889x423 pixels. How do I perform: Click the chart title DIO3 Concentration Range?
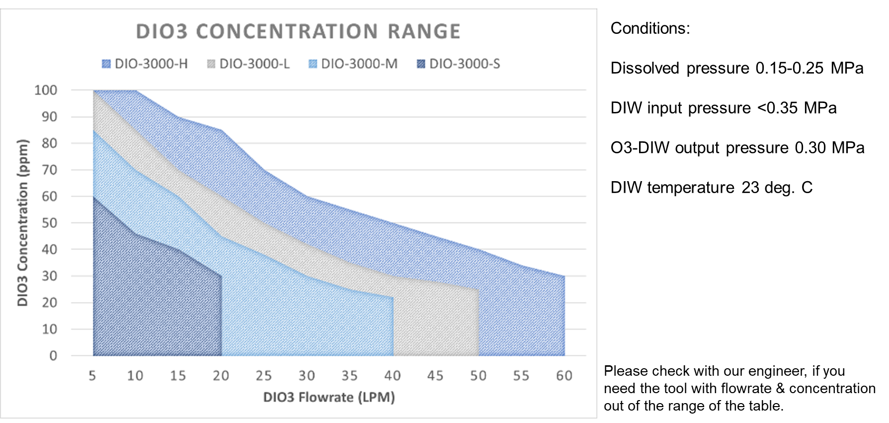point(298,31)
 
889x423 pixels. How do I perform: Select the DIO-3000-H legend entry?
point(145,64)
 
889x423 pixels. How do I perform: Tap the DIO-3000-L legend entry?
point(248,64)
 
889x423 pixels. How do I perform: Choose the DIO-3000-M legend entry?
point(353,64)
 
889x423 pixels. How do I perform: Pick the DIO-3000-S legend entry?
point(459,64)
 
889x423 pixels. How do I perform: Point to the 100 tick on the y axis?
point(46,90)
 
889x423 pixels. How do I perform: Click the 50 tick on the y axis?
point(49,223)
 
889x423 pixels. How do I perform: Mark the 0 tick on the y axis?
point(53,356)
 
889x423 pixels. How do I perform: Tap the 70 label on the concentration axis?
point(49,170)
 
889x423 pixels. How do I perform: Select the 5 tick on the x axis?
point(92,376)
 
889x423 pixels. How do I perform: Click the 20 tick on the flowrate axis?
point(221,376)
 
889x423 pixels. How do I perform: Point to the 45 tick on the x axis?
point(436,376)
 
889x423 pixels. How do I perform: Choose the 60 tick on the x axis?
point(565,376)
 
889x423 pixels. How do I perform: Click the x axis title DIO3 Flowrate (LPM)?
point(329,397)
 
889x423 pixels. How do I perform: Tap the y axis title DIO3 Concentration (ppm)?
point(23,222)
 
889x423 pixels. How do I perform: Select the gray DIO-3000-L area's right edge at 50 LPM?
point(479,323)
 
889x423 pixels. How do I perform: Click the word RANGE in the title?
point(424,31)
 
